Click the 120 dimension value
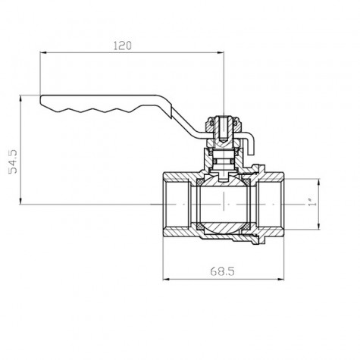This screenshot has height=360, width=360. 123,45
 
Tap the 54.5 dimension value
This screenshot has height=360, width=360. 13,161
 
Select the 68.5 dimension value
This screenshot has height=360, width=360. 222,271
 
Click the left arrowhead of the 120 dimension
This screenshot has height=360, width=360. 43,52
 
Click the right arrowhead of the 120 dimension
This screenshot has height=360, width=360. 221,52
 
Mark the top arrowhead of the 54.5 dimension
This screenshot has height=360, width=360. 20,99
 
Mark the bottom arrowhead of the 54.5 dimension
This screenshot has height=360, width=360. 20,201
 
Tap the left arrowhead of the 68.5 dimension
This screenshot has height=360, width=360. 166,280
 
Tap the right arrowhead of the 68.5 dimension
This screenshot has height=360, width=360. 280,280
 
